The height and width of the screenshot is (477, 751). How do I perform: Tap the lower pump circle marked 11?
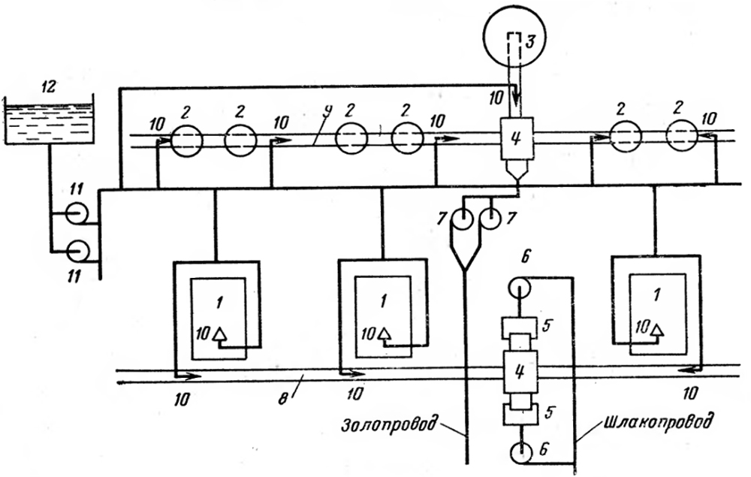point(77,249)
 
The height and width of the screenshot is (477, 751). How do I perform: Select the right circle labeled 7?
point(492,218)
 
